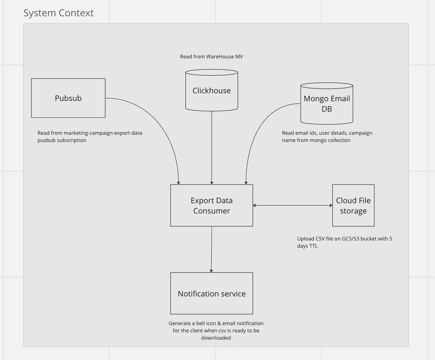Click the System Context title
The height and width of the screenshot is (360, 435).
pyautogui.click(x=58, y=13)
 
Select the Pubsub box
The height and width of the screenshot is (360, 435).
pyautogui.click(x=68, y=98)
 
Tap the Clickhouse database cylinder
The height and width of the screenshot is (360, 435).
pyautogui.click(x=212, y=91)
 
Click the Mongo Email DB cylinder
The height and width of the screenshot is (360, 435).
pyautogui.click(x=327, y=104)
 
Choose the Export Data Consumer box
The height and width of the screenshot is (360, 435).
pyautogui.click(x=212, y=206)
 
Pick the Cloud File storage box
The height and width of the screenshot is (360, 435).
pyautogui.click(x=353, y=206)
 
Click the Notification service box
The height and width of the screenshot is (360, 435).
pyautogui.click(x=212, y=293)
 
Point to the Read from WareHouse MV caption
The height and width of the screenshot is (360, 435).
pyautogui.click(x=211, y=57)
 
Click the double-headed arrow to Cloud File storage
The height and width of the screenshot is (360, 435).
pyautogui.click(x=292, y=205)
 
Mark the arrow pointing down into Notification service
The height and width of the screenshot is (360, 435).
pyautogui.click(x=211, y=249)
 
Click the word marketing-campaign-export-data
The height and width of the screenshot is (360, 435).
pyautogui.click(x=103, y=133)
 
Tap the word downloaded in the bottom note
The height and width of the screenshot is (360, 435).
pyautogui.click(x=216, y=338)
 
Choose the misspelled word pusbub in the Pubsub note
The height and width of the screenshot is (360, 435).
pyautogui.click(x=47, y=140)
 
